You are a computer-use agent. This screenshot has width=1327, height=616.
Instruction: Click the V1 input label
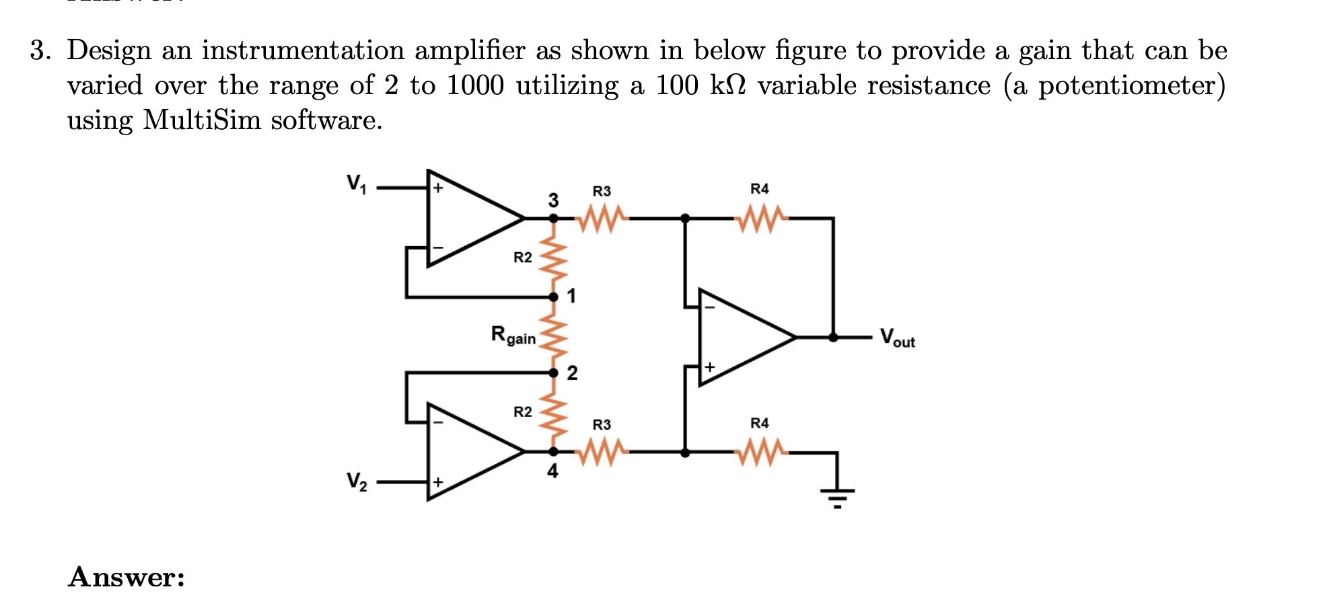[357, 184]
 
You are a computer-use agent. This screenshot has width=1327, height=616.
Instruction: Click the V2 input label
[357, 482]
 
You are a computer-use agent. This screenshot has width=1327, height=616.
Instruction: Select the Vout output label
[897, 338]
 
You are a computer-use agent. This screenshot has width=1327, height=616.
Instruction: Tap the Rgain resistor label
[513, 335]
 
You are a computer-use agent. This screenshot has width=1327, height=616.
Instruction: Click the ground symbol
[837, 496]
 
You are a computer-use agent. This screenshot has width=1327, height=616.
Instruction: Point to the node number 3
[553, 200]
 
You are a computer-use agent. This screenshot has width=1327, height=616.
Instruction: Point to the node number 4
[552, 471]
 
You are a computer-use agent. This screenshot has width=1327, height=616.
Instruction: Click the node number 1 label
[571, 296]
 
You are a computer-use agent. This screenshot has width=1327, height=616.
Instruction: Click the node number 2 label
[572, 373]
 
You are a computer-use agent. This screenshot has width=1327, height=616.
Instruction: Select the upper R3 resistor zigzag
[602, 219]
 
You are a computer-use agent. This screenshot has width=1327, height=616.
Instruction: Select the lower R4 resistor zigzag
[760, 453]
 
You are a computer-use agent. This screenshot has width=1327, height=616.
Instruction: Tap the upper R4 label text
[759, 189]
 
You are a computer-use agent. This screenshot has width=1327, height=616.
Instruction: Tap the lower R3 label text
[602, 425]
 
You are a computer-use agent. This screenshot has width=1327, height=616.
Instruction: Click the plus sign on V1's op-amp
[438, 188]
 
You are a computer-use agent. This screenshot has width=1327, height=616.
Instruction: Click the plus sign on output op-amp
[709, 368]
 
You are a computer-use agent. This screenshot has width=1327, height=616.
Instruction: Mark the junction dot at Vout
[833, 338]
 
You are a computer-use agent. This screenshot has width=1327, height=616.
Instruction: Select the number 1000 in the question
[475, 85]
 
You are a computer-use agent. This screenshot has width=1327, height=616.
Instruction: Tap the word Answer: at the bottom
[127, 577]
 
